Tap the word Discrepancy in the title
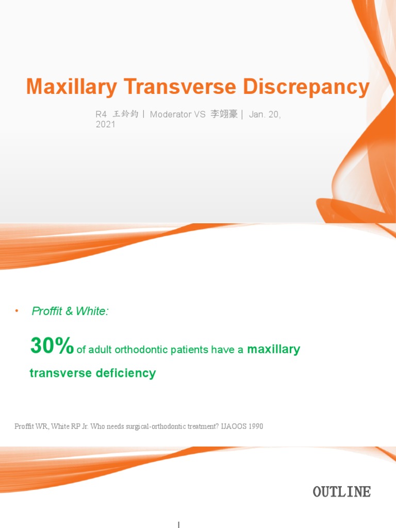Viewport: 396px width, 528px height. point(306,87)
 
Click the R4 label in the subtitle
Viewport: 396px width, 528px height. point(101,114)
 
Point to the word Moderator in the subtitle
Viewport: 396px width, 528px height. point(171,114)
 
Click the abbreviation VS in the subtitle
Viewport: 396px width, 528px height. point(200,114)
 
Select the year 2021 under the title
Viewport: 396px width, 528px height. point(106,125)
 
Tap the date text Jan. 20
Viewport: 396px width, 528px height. point(265,114)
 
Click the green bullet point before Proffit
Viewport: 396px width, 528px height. point(16,311)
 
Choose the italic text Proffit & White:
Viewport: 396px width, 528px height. point(70,311)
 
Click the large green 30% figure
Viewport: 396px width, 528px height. point(52,346)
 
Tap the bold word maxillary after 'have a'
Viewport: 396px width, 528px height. point(274,350)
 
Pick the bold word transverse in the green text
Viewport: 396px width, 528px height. point(61,373)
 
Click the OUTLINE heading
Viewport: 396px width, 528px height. point(341,492)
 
